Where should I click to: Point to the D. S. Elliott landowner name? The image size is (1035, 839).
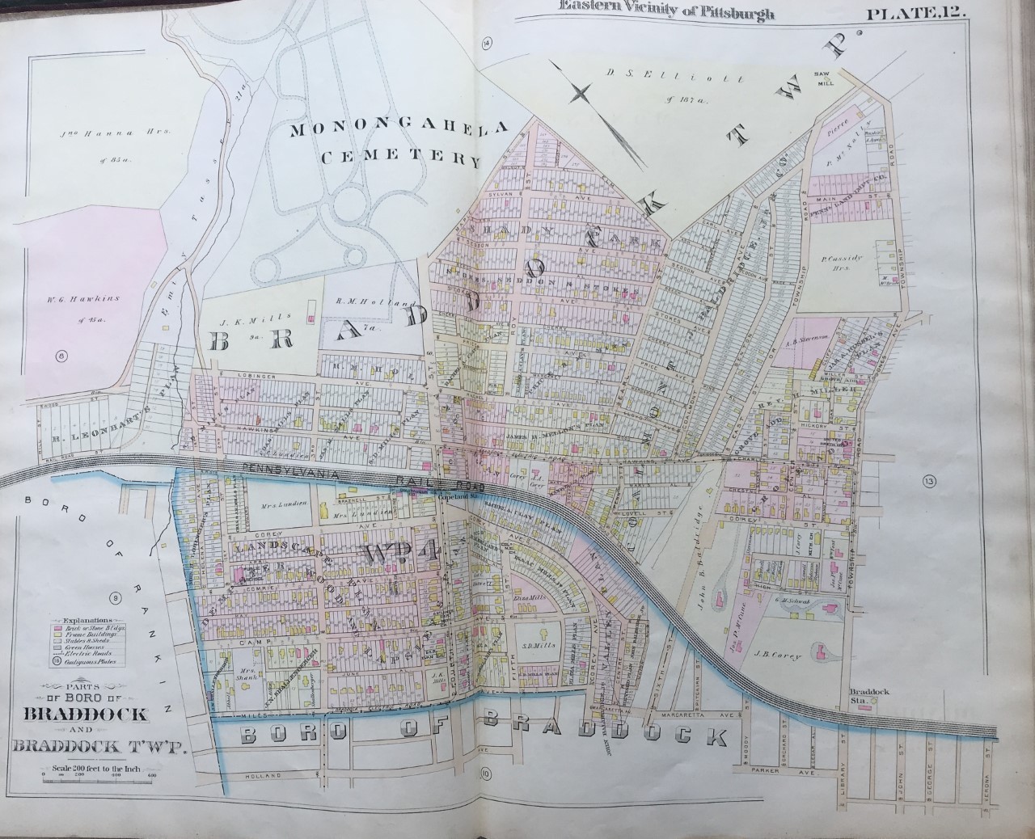point(645,74)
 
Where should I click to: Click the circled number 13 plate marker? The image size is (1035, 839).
point(927,482)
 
